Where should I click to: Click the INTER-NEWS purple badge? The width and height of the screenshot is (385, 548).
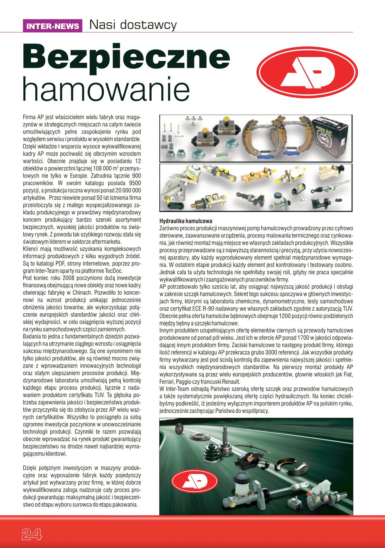point(52,26)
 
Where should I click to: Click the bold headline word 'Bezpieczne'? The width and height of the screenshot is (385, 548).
point(127,59)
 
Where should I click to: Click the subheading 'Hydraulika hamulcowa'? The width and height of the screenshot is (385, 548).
point(185,221)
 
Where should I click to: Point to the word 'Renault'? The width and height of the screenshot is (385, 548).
point(232,382)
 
